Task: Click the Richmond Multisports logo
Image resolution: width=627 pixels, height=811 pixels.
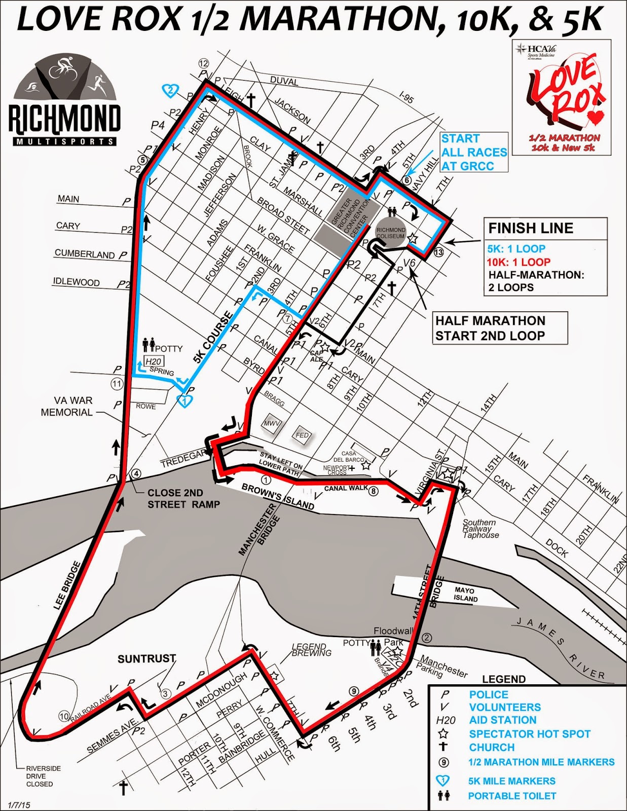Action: [65, 101]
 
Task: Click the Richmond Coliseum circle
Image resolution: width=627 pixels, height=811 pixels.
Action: [390, 233]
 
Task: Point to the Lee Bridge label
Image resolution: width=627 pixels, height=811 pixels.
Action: [67, 585]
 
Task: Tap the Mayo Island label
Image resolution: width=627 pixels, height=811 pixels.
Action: [465, 595]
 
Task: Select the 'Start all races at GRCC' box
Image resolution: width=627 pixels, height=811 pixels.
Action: [473, 152]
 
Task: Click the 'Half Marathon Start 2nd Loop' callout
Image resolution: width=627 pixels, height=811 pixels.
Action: [490, 328]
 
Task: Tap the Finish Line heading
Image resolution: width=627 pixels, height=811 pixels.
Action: [530, 229]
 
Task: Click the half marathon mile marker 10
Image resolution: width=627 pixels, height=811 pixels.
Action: [64, 716]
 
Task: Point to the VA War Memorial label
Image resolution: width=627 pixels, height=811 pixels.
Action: [67, 407]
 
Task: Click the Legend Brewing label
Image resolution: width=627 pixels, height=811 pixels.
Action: [311, 649]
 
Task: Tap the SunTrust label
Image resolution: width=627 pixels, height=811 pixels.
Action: [146, 659]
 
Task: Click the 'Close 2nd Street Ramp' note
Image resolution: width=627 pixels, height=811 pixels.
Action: [183, 499]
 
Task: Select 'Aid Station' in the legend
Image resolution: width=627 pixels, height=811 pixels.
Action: [502, 720]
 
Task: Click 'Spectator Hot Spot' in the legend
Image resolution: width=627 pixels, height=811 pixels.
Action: [529, 734]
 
